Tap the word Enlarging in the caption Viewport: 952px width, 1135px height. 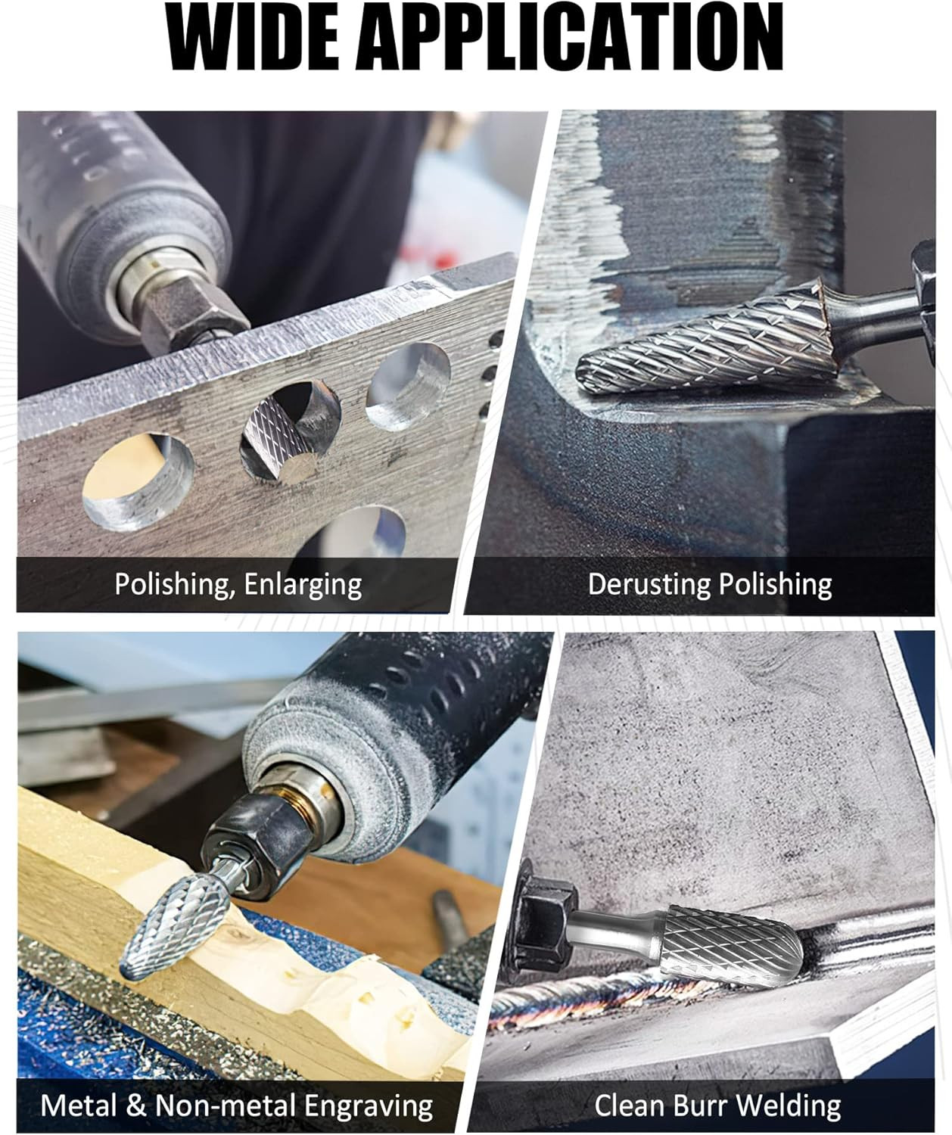303,586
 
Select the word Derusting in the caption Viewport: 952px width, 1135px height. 649,586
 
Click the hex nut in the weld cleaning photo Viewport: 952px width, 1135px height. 543,919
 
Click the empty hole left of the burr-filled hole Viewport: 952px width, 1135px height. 138,481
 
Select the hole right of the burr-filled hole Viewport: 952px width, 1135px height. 409,387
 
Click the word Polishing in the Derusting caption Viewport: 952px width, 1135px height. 775,586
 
